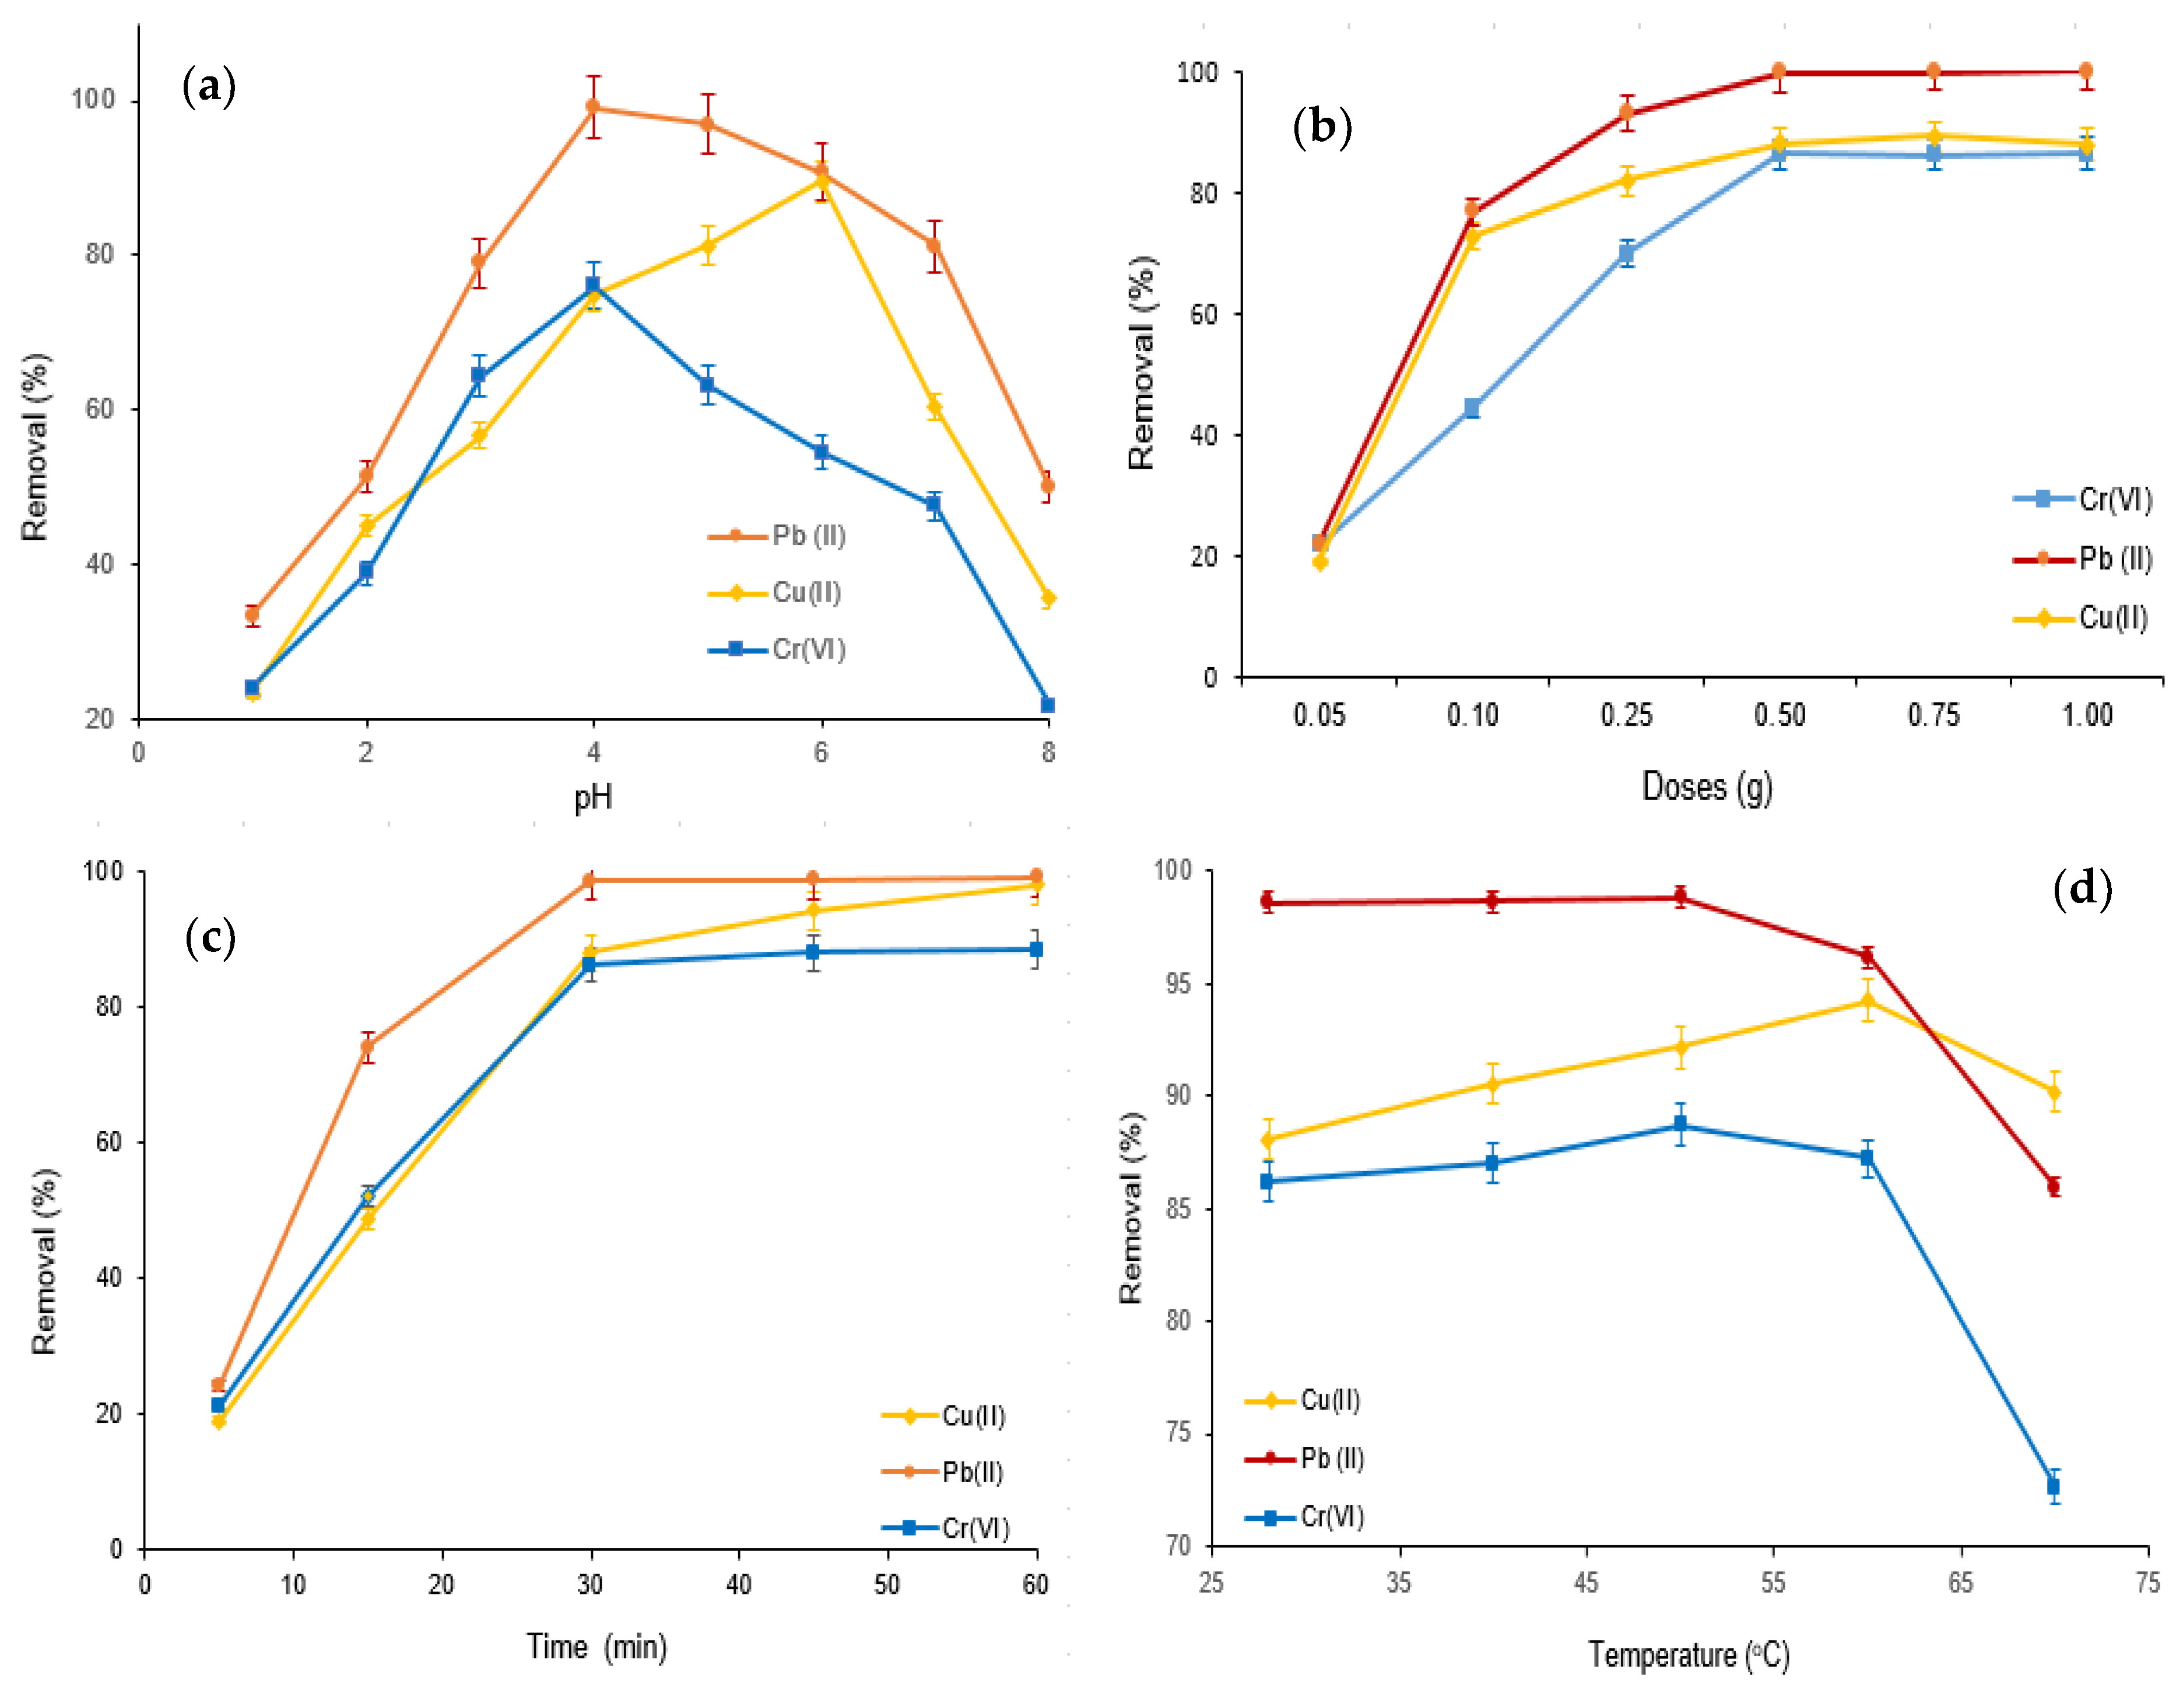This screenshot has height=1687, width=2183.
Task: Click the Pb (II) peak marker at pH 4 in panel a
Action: click(x=593, y=107)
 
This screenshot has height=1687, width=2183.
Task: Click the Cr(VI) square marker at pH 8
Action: click(x=1048, y=705)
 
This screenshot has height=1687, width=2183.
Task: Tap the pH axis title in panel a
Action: click(x=593, y=797)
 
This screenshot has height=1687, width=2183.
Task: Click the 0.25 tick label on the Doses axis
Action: click(x=1626, y=716)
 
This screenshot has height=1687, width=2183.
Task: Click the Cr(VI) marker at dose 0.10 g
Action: click(x=1471, y=407)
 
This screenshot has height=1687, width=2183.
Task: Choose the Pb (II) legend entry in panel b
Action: click(x=2083, y=558)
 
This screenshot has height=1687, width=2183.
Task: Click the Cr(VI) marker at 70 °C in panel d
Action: click(x=2053, y=1486)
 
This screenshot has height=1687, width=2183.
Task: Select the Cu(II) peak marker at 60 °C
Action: click(x=1866, y=1000)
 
